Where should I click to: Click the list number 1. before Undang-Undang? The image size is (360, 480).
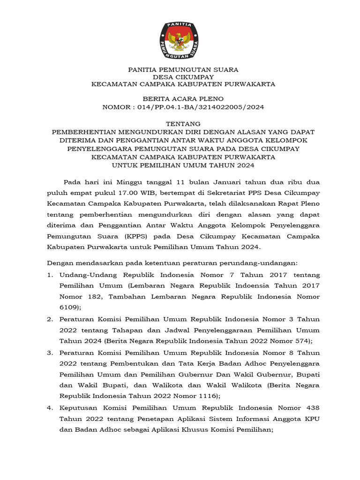tap(50, 274)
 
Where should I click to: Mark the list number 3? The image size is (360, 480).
tap(50, 352)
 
